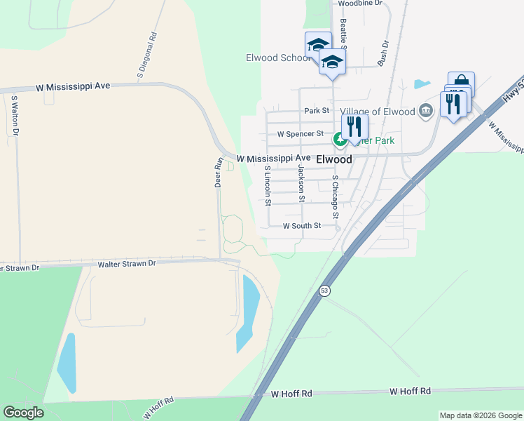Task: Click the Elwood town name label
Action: click(334, 159)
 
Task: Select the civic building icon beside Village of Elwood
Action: click(425, 110)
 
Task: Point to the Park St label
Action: click(317, 111)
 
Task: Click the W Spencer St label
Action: click(300, 133)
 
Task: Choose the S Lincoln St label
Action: click(268, 187)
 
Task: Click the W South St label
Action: click(301, 226)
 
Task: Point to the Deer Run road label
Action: click(218, 172)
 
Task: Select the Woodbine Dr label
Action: click(360, 4)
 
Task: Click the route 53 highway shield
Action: click(324, 290)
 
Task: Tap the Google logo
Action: click(23, 413)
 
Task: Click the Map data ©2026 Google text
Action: click(480, 415)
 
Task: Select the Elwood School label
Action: click(277, 58)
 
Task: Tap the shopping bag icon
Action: click(461, 81)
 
